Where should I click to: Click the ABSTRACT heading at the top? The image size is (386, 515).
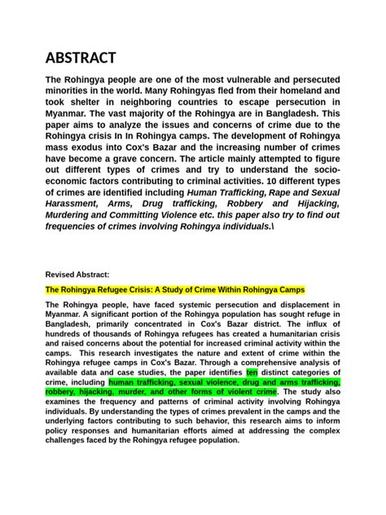(81, 58)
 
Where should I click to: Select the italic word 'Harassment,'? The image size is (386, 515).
(75, 203)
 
